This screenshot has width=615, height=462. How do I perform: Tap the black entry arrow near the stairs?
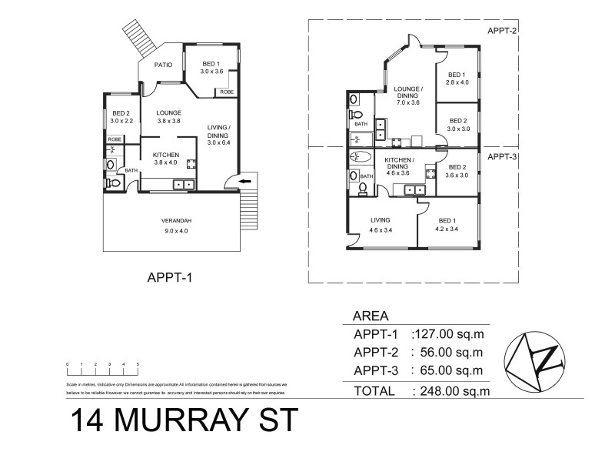click(244, 182)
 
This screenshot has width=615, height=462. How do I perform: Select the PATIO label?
click(162, 65)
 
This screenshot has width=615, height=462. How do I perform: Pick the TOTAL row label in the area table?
click(374, 391)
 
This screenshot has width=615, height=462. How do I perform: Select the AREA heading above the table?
click(370, 316)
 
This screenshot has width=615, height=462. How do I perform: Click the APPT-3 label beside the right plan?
click(503, 156)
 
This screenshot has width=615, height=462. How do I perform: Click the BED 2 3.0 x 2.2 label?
click(122, 117)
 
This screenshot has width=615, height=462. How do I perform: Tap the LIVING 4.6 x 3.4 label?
click(380, 223)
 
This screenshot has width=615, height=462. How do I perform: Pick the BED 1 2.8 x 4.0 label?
click(457, 79)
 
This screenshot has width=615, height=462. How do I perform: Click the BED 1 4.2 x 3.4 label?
click(446, 223)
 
